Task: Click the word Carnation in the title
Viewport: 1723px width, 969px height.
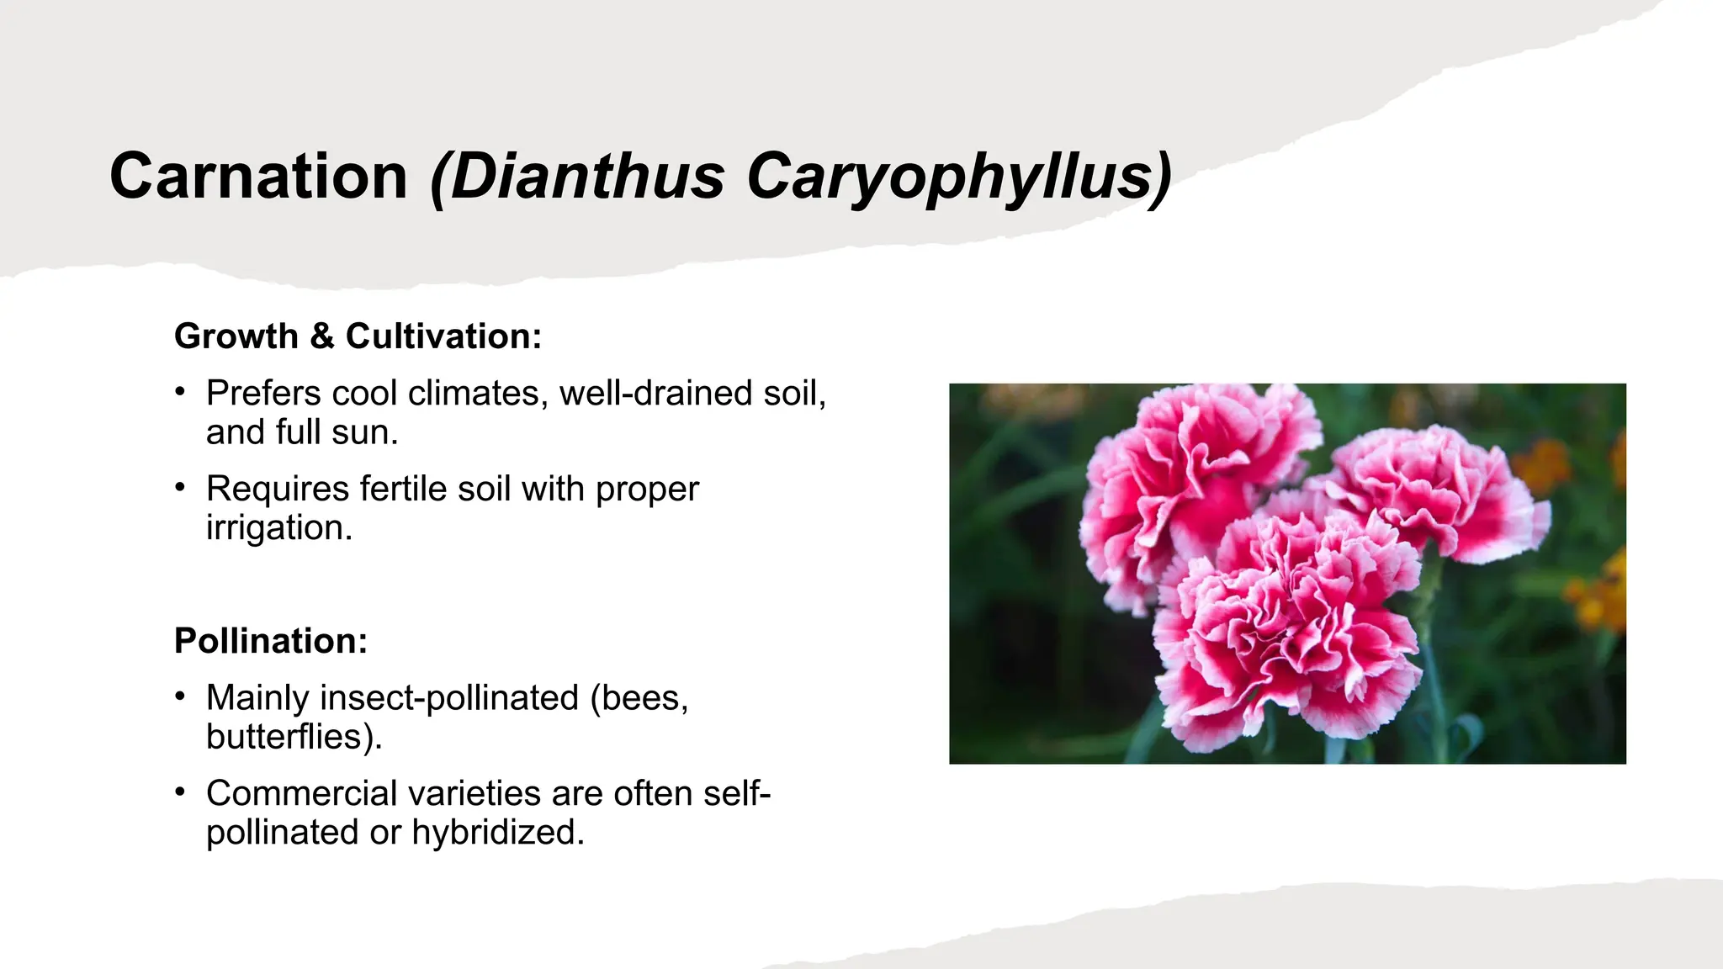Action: (x=258, y=177)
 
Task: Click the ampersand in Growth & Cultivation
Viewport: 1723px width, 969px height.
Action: (x=322, y=336)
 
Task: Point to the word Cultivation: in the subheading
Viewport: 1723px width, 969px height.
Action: (x=443, y=336)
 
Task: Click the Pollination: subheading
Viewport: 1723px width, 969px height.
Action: (x=271, y=641)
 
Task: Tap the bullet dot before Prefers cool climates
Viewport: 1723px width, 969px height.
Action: (x=179, y=392)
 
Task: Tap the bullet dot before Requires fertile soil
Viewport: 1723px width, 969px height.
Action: (x=179, y=488)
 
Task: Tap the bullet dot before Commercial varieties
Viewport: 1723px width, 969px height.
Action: (x=179, y=792)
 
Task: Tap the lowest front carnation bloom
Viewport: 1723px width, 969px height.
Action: (x=1287, y=639)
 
